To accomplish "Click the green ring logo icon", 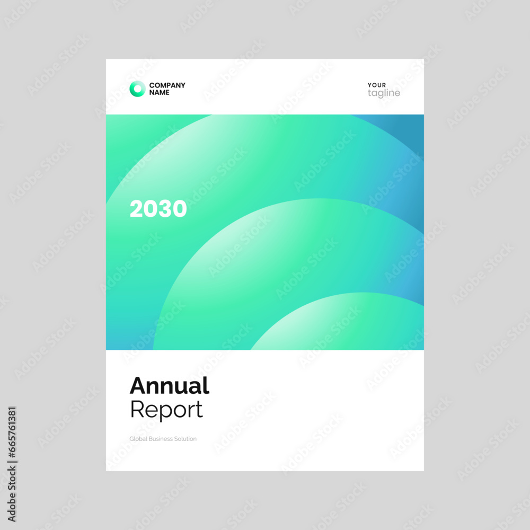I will (x=137, y=89).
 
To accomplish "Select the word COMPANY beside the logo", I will (x=167, y=85).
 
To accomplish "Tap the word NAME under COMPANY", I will (x=160, y=93).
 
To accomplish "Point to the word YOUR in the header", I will (x=377, y=85).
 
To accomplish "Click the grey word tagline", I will (x=384, y=94).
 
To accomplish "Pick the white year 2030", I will (x=158, y=209).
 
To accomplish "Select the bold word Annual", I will (x=169, y=386).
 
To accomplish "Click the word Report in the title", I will (x=166, y=410).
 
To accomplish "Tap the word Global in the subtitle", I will (x=138, y=439).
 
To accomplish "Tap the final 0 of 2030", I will (x=180, y=209).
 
